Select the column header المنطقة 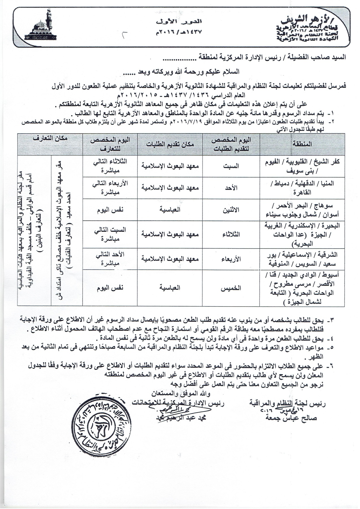pos(302,144)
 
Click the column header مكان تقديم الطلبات pos(170,144)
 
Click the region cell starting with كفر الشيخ pos(302,166)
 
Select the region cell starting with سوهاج pos(302,210)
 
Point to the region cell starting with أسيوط pos(302,288)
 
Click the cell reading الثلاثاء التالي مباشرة pos(110,166)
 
